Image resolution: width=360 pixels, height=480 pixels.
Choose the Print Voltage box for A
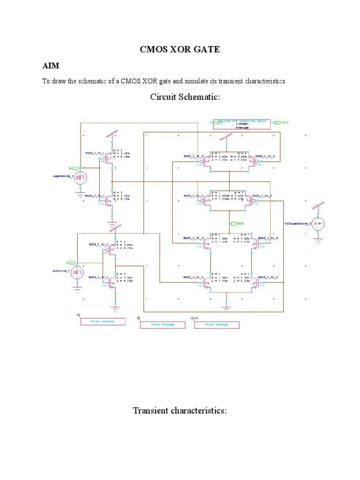click(x=103, y=322)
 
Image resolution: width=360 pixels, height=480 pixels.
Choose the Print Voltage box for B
click(x=162, y=324)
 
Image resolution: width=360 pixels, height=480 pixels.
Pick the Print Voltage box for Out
click(x=217, y=324)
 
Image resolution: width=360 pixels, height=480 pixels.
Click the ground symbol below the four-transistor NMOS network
click(x=227, y=307)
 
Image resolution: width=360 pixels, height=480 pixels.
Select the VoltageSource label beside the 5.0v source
click(x=296, y=224)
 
